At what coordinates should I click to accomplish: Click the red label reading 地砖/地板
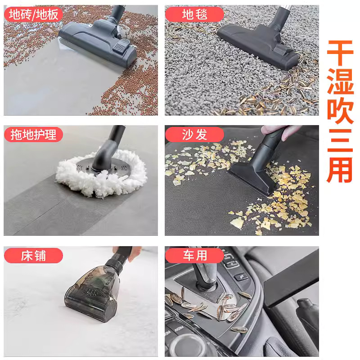(x=33, y=14)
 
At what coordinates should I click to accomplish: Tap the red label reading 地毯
(x=194, y=14)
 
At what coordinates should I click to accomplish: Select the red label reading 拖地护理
(x=33, y=135)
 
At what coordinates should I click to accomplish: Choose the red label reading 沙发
(x=194, y=135)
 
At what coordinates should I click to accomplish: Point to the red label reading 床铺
(x=33, y=256)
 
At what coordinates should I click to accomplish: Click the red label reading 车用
(x=194, y=256)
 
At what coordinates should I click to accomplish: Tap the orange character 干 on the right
(x=340, y=53)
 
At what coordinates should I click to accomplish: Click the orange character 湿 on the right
(x=340, y=81)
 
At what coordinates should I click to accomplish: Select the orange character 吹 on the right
(x=340, y=111)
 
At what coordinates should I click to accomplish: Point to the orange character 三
(x=340, y=140)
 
